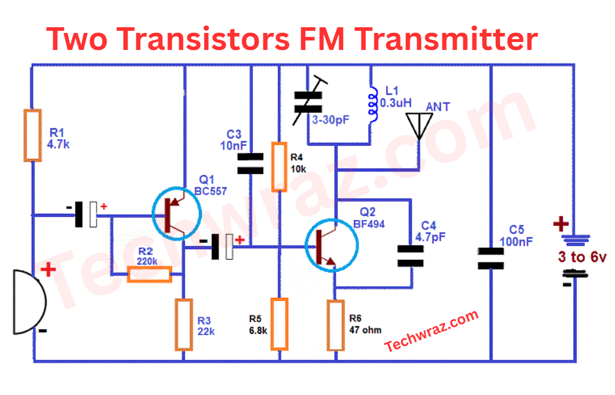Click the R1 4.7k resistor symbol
tap(33, 135)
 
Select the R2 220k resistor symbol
tap(149, 275)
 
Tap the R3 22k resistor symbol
tap(183, 325)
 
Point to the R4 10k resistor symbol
tap(279, 167)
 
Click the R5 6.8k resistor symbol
tap(279, 324)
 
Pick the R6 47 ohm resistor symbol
tap(335, 325)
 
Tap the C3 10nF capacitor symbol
tap(250, 163)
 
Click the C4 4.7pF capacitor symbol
tap(410, 256)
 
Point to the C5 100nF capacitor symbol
tap(491, 258)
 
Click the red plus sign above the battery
tap(561, 224)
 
